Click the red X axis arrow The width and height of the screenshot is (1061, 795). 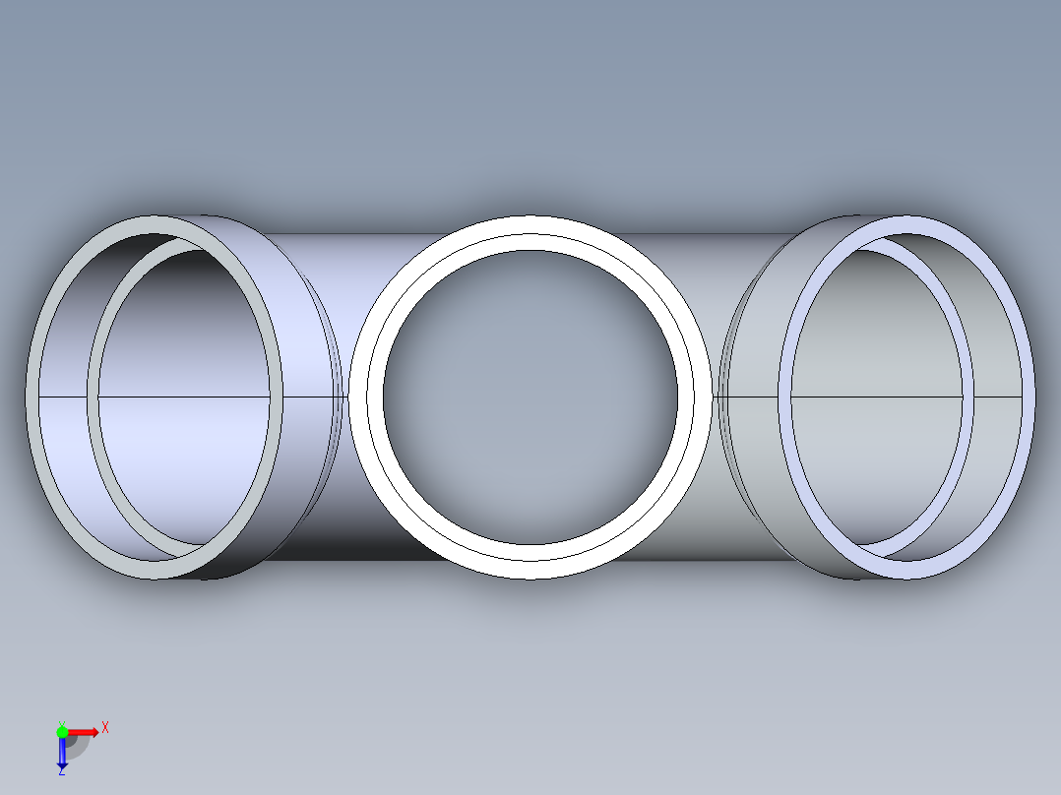pyautogui.click(x=84, y=731)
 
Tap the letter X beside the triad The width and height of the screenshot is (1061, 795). pyautogui.click(x=105, y=727)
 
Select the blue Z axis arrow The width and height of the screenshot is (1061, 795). pyautogui.click(x=62, y=752)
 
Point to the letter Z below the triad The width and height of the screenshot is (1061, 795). pyautogui.click(x=61, y=771)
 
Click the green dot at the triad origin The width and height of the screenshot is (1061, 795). pyautogui.click(x=62, y=731)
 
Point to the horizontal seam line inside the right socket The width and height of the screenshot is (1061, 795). pyautogui.click(x=994, y=397)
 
